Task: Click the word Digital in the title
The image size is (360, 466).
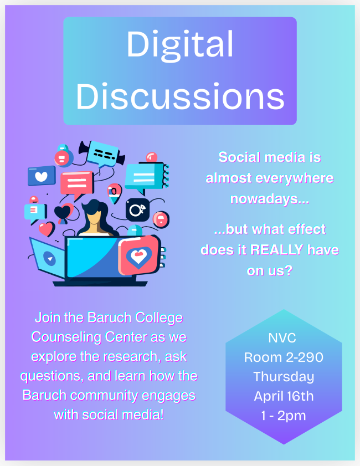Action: (x=180, y=44)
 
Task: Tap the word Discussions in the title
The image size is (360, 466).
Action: (x=180, y=96)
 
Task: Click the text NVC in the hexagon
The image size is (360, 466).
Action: (x=282, y=338)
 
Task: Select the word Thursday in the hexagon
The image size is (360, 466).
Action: (x=284, y=377)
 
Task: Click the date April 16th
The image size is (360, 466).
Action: (x=284, y=396)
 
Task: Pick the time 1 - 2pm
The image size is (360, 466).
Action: (x=284, y=416)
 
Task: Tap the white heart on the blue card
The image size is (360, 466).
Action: (x=42, y=177)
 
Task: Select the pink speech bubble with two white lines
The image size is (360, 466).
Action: (x=77, y=185)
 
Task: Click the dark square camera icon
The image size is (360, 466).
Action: (x=137, y=209)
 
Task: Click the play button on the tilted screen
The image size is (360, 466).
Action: (x=50, y=258)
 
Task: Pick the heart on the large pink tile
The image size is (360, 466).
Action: (x=138, y=256)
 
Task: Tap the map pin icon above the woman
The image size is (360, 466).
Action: (x=114, y=193)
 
